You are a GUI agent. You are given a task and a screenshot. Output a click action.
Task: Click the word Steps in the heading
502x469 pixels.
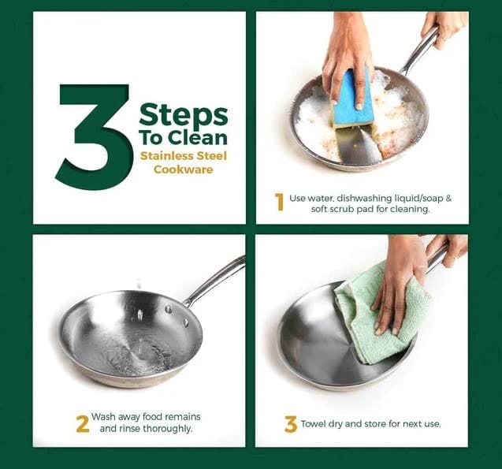pos(184,116)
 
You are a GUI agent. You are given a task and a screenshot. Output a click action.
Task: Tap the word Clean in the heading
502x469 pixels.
pos(198,138)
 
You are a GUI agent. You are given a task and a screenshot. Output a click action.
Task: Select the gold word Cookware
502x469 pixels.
pos(184,169)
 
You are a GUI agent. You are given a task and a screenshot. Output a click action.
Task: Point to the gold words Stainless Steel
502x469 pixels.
pos(184,156)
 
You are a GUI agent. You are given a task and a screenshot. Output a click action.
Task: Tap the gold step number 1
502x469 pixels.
pos(280,202)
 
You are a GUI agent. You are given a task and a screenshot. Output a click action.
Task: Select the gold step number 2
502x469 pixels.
pos(83,424)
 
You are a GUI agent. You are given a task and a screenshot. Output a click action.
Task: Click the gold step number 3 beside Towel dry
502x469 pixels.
pos(290,424)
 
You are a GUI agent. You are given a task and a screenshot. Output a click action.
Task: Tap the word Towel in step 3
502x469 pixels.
pos(312,424)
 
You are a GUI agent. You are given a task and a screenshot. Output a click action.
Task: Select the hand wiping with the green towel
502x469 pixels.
pos(397,288)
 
